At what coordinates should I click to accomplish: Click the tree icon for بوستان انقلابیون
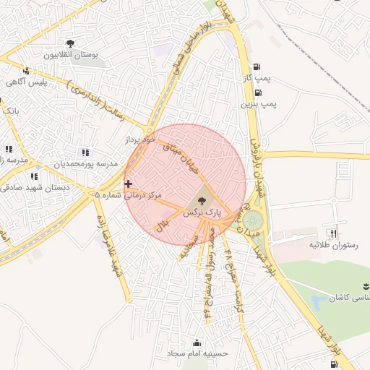tap(70, 44)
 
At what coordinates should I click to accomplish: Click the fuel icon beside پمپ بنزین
tap(258, 92)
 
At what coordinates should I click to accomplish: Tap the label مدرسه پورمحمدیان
tap(86, 164)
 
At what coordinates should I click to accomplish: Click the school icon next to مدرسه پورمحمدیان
tap(86, 152)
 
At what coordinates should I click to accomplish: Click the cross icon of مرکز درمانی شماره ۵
tap(129, 184)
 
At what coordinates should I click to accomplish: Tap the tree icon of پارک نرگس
tap(201, 200)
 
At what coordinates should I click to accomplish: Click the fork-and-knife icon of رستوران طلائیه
tap(333, 233)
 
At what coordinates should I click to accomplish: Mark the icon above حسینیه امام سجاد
tap(197, 343)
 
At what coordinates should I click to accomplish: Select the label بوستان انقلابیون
tap(70, 56)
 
